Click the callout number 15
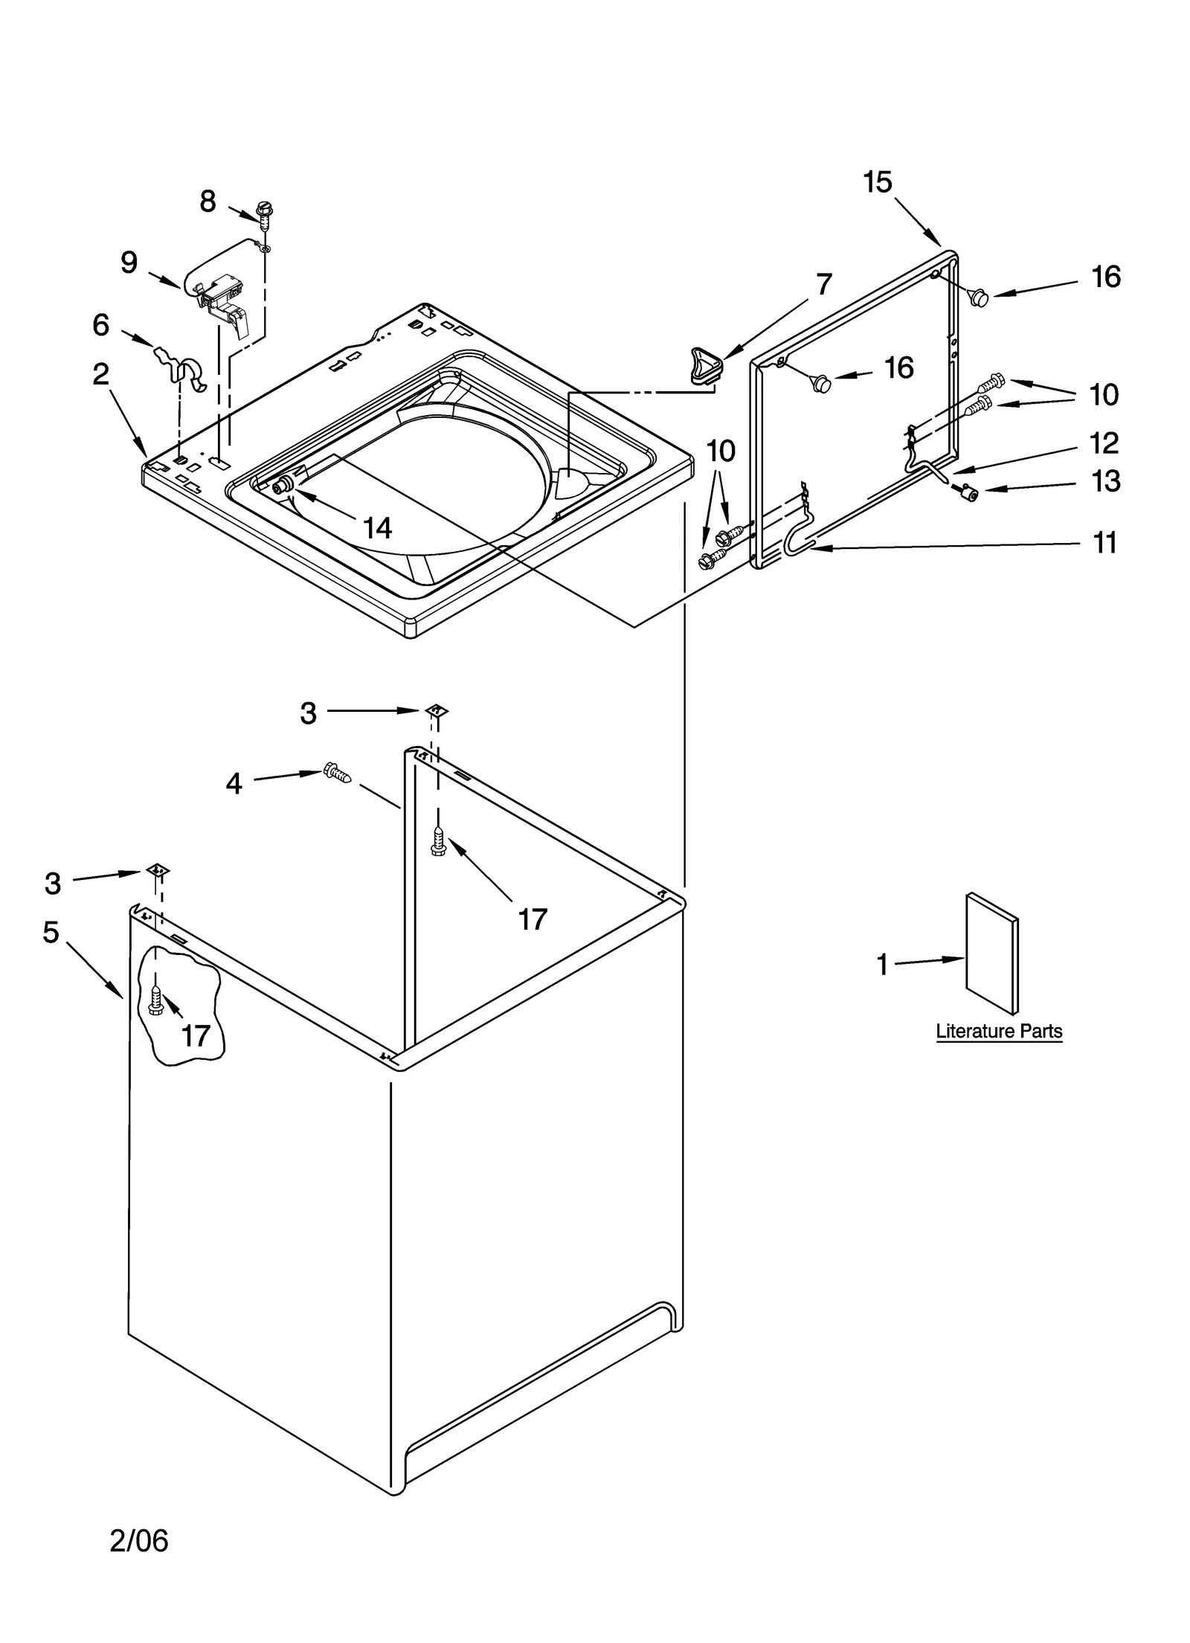pos(877,182)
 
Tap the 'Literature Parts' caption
pos(998,1031)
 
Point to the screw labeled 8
pos(263,213)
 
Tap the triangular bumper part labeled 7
pos(704,364)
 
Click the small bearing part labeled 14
pos(283,486)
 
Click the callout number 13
pos(1104,481)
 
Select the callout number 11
pos(1104,543)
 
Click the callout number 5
pos(51,931)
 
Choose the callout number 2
pos(101,374)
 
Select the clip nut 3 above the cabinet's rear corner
pos(437,711)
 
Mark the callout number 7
pos(823,283)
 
